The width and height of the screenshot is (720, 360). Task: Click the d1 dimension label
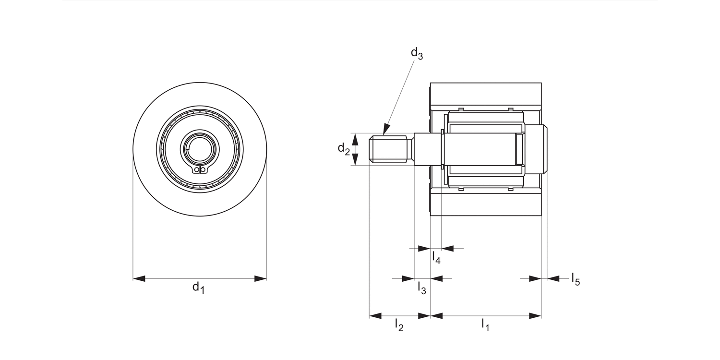[x=198, y=288]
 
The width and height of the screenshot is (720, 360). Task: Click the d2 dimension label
[x=344, y=149]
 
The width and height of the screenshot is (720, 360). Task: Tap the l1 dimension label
[x=485, y=325]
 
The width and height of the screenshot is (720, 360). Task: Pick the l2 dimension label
[x=399, y=325]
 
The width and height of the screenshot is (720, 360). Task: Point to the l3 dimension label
[x=421, y=288]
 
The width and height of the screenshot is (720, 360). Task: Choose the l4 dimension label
[x=436, y=257]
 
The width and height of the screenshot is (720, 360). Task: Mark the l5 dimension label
[x=576, y=279]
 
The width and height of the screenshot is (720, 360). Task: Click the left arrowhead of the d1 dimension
[x=139, y=278]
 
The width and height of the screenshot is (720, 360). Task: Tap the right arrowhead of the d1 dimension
[x=261, y=278]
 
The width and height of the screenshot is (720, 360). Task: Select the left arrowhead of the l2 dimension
[x=375, y=316]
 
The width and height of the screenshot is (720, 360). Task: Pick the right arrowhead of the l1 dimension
[x=535, y=316]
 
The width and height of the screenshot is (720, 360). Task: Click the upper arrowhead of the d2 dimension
[x=355, y=139]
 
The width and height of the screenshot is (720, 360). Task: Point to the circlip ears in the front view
[x=200, y=169]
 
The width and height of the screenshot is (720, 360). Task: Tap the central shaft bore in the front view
[x=199, y=149]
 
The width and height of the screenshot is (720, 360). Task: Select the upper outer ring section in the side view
[x=486, y=94]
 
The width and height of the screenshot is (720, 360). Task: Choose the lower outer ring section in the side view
[x=486, y=204]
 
